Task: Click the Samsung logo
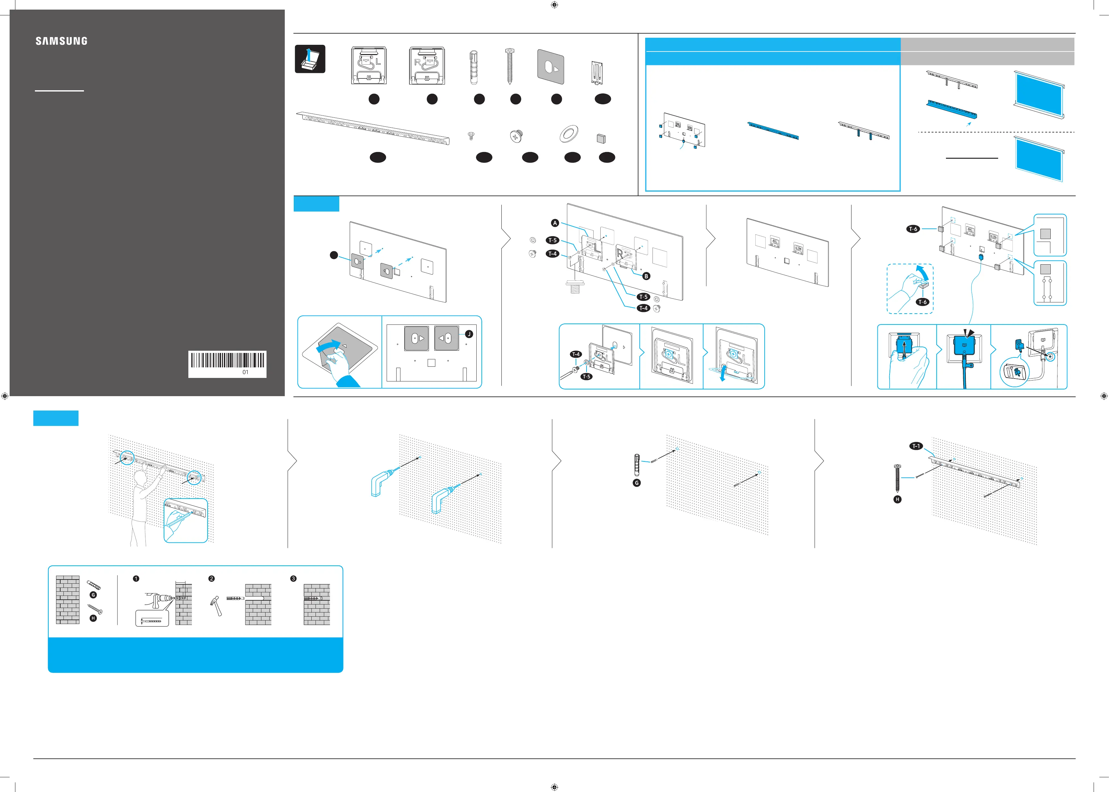(62, 41)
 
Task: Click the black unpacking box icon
(310, 59)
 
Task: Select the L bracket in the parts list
(369, 65)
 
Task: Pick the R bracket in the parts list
(427, 65)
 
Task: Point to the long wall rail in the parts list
(373, 128)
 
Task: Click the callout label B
(646, 276)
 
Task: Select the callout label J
(469, 334)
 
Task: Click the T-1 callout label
(916, 446)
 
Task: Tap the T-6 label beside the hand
(922, 302)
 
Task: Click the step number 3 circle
(293, 578)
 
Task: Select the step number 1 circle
(136, 578)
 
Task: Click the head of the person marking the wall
(141, 476)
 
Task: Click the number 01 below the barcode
(245, 372)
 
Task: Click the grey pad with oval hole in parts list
(551, 65)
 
